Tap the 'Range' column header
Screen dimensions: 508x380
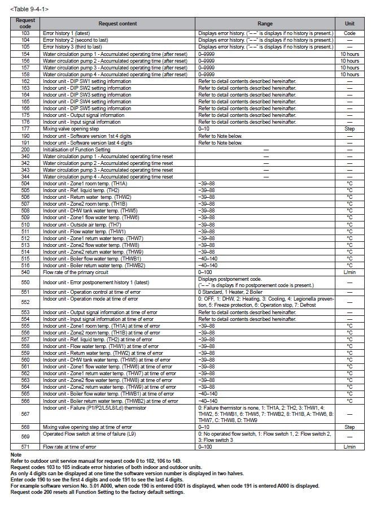click(x=265, y=24)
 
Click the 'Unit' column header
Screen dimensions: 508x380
click(x=350, y=24)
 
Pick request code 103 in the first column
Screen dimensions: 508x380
click(x=25, y=34)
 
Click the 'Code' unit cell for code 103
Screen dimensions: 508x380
click(x=350, y=34)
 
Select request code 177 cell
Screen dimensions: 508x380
click(x=25, y=129)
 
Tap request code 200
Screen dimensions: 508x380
click(x=25, y=150)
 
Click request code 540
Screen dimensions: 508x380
click(x=25, y=272)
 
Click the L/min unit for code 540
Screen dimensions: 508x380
click(x=350, y=272)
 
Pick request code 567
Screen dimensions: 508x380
click(x=25, y=414)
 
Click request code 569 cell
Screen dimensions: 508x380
click(x=25, y=437)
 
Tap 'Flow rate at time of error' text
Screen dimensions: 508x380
click(x=69, y=446)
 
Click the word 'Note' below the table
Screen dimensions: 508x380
click(x=16, y=454)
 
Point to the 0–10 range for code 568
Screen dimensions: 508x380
click(x=203, y=427)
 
